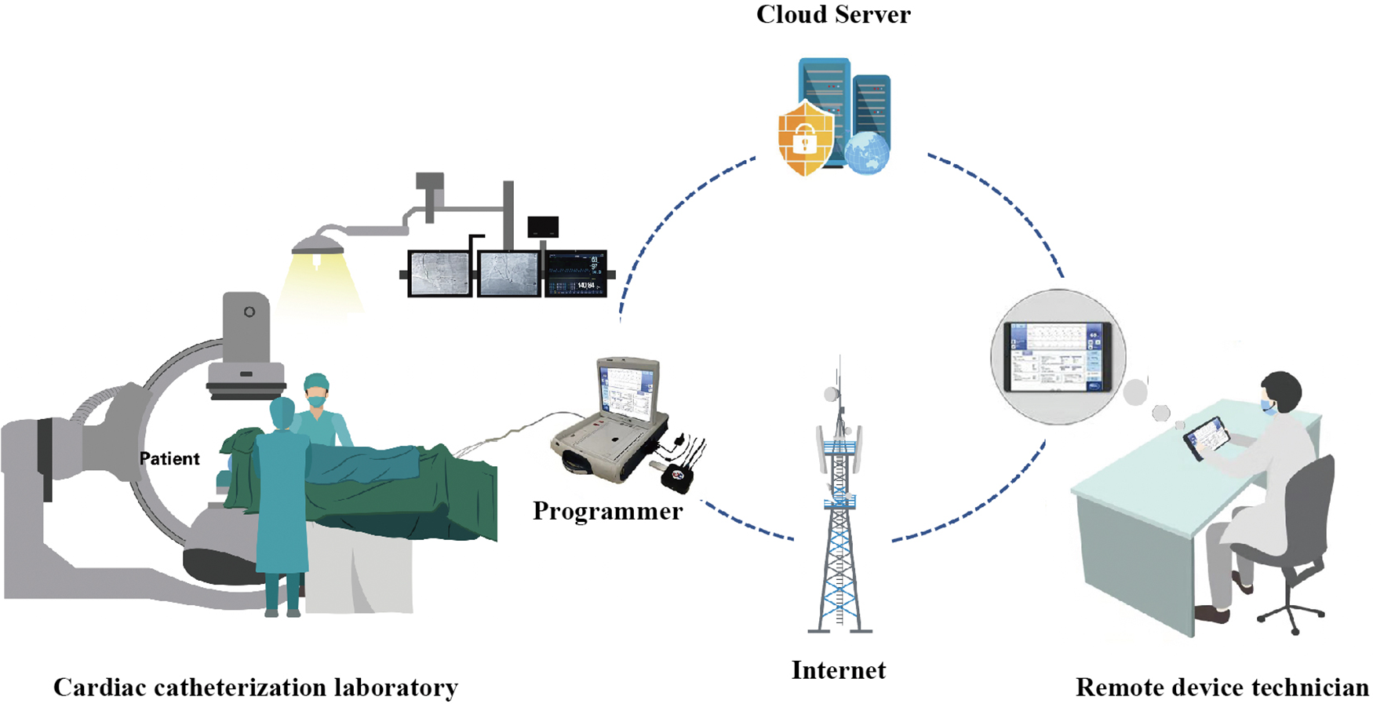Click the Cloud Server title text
coord(833,15)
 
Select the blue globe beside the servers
coord(867,152)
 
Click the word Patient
coord(169,459)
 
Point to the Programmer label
coord(607,512)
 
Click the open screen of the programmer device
coord(625,390)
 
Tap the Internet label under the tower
coord(838,670)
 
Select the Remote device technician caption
coord(1222,688)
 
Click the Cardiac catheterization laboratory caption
coord(256,688)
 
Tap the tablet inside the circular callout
coord(1058,357)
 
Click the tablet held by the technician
coord(1206,438)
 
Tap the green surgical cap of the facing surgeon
coord(316,381)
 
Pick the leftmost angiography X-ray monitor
coord(439,274)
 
